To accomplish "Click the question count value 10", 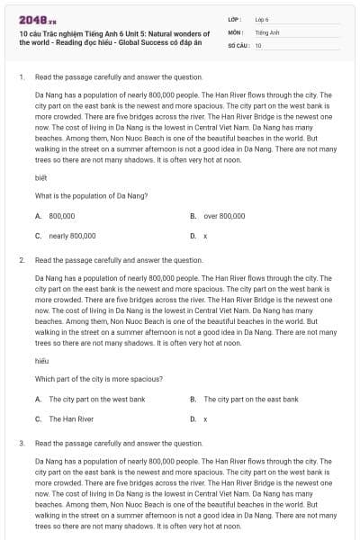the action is (x=258, y=45).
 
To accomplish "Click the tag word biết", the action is (x=40, y=178).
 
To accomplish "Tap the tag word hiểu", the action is (x=40, y=360).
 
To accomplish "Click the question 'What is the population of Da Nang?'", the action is (x=91, y=196).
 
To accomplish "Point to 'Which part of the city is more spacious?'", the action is (x=98, y=379).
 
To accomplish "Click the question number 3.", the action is (x=21, y=444).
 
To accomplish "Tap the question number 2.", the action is (x=21, y=260).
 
